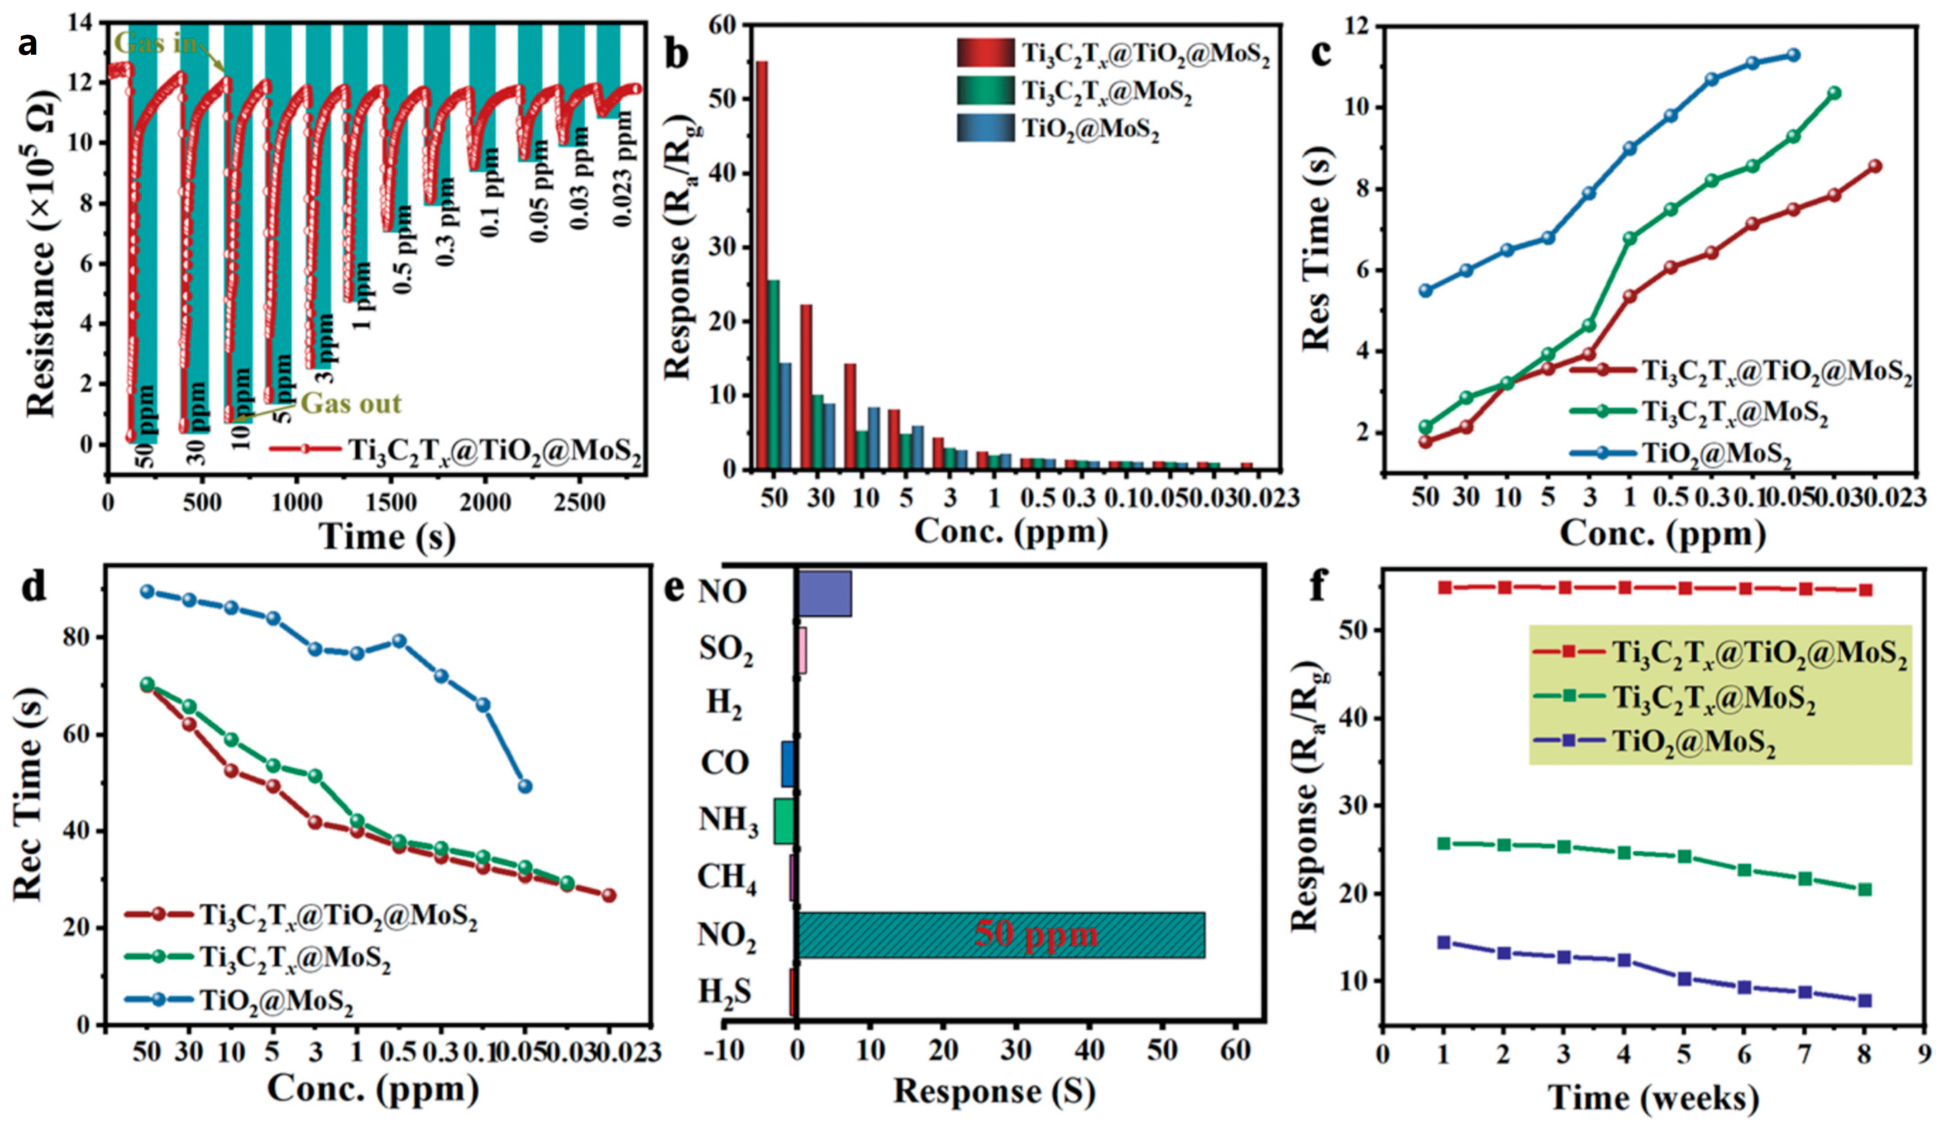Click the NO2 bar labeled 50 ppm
coord(1001,935)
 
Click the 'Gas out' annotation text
coord(351,403)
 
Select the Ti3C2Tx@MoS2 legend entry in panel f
coord(1713,698)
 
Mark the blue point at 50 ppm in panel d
coord(147,592)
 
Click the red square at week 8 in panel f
coord(1864,590)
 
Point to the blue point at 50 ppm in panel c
coord(1426,291)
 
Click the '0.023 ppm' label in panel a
coord(623,168)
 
